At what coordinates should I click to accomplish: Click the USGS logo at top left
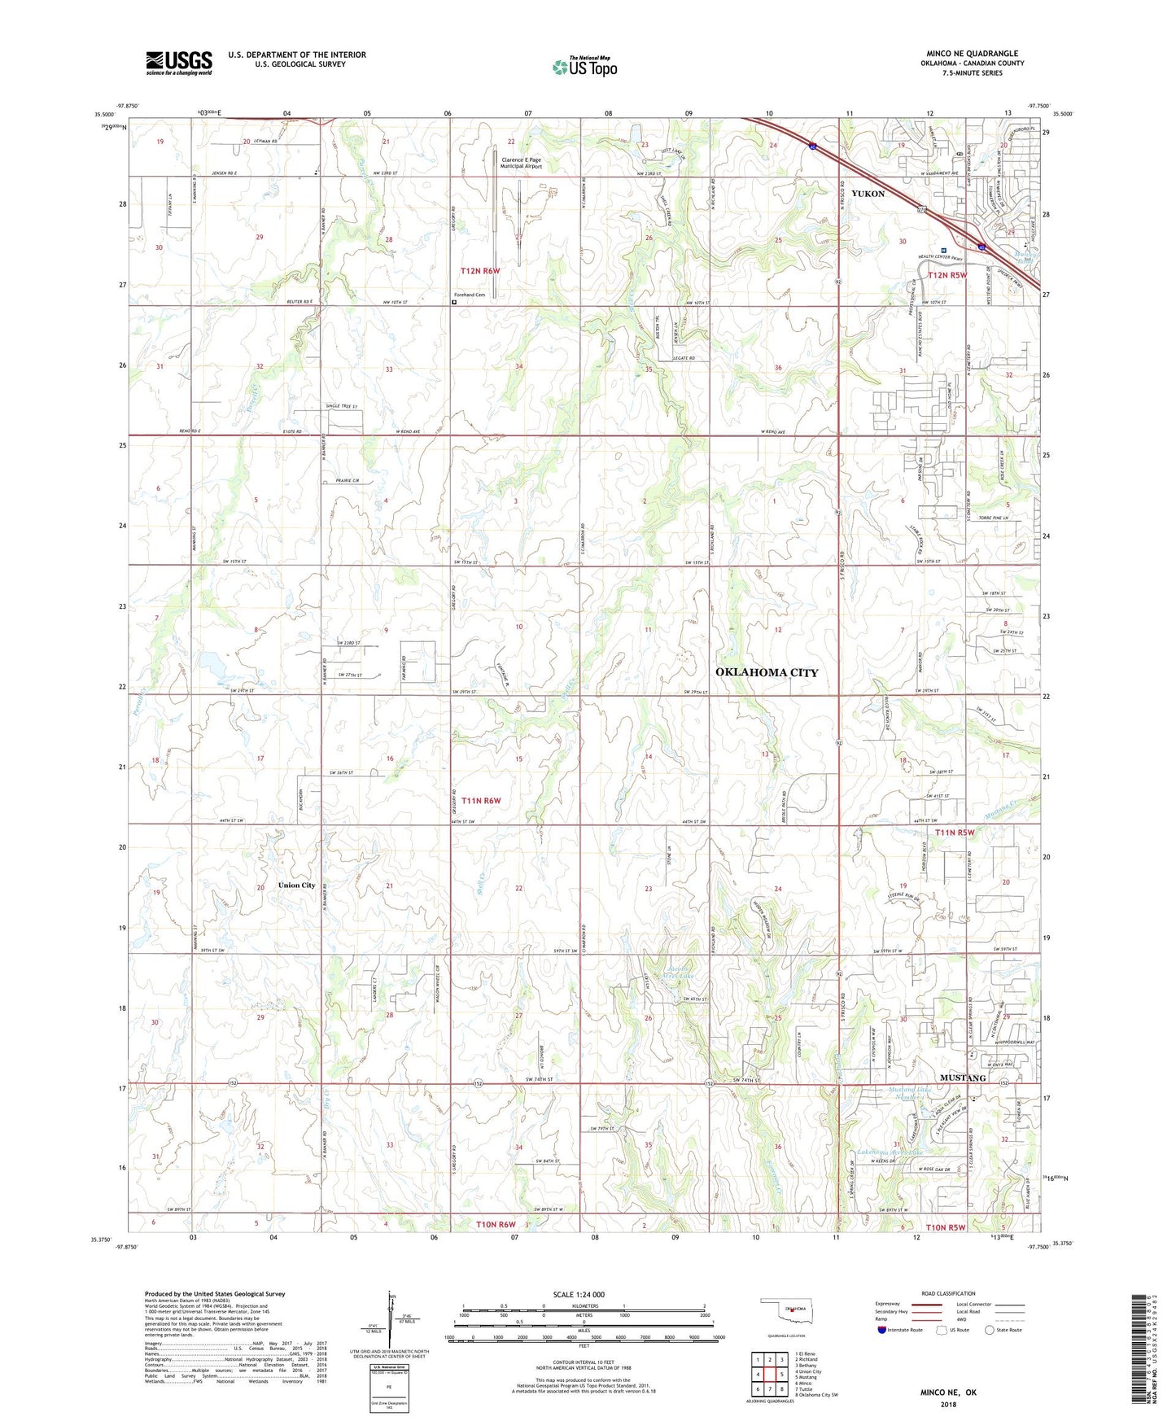179,63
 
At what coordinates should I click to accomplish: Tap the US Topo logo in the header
584,67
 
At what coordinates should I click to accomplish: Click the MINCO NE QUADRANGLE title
972,54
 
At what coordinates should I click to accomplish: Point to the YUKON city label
868,194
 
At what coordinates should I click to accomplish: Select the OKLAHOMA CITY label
767,672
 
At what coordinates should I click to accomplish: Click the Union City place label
296,885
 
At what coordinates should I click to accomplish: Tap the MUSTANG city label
963,1078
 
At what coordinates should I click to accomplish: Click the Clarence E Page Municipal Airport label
521,164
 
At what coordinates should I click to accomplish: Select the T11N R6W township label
480,801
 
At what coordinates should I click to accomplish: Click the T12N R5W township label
947,275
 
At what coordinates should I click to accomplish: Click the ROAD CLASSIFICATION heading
948,1293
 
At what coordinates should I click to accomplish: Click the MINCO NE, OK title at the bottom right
948,1393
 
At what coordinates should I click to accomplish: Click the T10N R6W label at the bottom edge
496,1225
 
